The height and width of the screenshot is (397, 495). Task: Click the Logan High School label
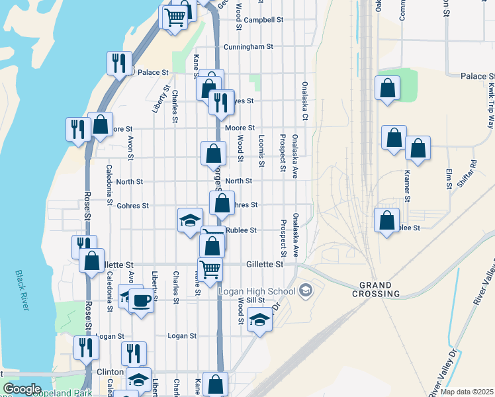click(x=263, y=291)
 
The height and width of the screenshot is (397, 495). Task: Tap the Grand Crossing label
click(x=380, y=289)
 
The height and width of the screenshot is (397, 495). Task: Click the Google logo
click(x=22, y=389)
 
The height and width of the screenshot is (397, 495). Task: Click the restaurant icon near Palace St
click(x=119, y=63)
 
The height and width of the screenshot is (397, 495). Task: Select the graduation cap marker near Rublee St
click(x=190, y=220)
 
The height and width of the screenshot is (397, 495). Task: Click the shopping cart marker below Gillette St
click(x=210, y=269)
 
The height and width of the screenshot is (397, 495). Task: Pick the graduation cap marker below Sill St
click(x=260, y=321)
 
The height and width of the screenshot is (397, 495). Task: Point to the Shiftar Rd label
click(x=467, y=174)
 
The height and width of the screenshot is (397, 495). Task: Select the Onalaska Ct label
click(x=305, y=101)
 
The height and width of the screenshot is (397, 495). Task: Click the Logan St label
click(x=183, y=336)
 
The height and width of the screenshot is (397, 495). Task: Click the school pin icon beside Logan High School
click(x=305, y=290)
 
